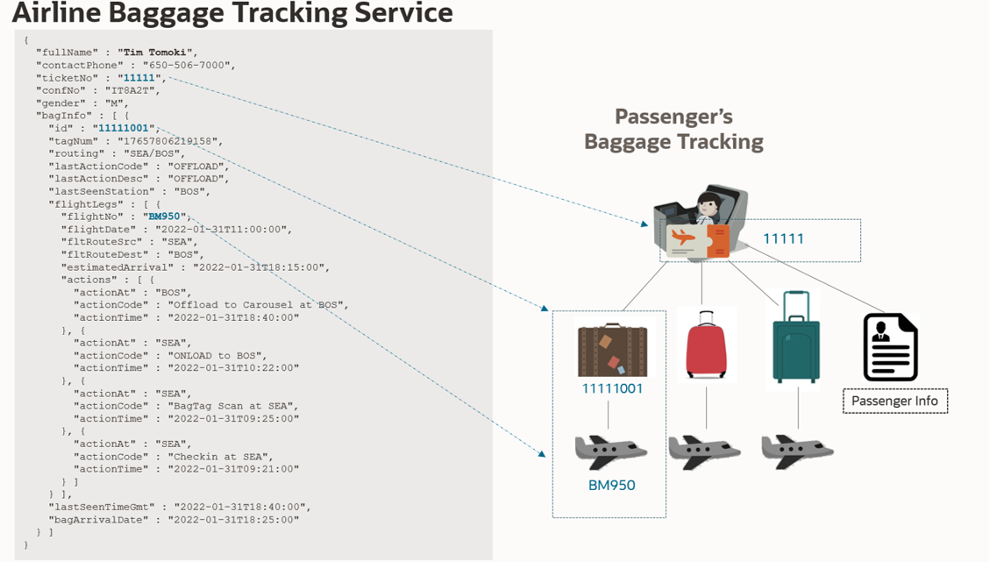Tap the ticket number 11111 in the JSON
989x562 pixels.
[x=139, y=78]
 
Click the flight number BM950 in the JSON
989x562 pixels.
[x=164, y=217]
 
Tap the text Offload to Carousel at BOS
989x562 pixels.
[x=257, y=305]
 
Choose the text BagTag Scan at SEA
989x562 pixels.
[x=232, y=406]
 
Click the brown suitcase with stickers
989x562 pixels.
[x=613, y=350]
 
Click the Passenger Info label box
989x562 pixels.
[x=894, y=401]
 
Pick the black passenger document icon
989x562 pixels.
[x=890, y=347]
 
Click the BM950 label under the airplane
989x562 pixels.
[x=611, y=485]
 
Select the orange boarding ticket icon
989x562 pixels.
[x=698, y=240]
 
